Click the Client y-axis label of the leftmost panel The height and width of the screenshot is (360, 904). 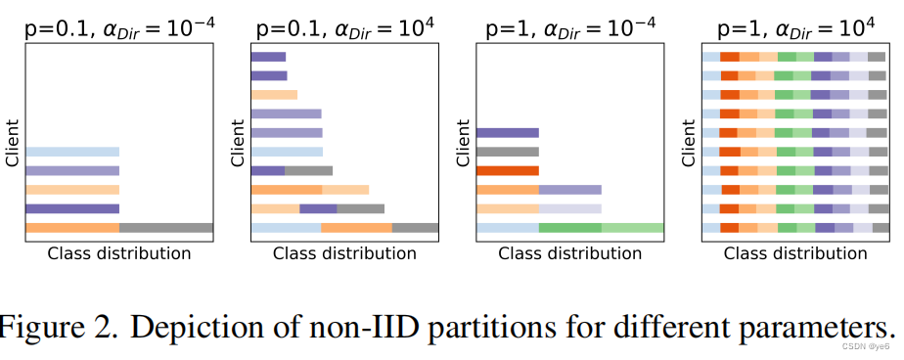13,142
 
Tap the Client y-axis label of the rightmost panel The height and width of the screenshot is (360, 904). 689,142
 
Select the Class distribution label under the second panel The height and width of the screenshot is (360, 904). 344,254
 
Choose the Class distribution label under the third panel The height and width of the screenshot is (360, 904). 570,254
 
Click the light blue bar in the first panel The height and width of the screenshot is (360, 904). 72,152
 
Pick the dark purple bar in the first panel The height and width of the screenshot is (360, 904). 72,208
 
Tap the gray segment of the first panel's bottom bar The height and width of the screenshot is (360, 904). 166,228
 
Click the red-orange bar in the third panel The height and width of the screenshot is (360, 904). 508,170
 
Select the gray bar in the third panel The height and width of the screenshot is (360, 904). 508,152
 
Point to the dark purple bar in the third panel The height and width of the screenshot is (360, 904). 508,132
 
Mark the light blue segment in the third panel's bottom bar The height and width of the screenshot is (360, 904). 508,228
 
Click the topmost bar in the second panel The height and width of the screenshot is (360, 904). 268,57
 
